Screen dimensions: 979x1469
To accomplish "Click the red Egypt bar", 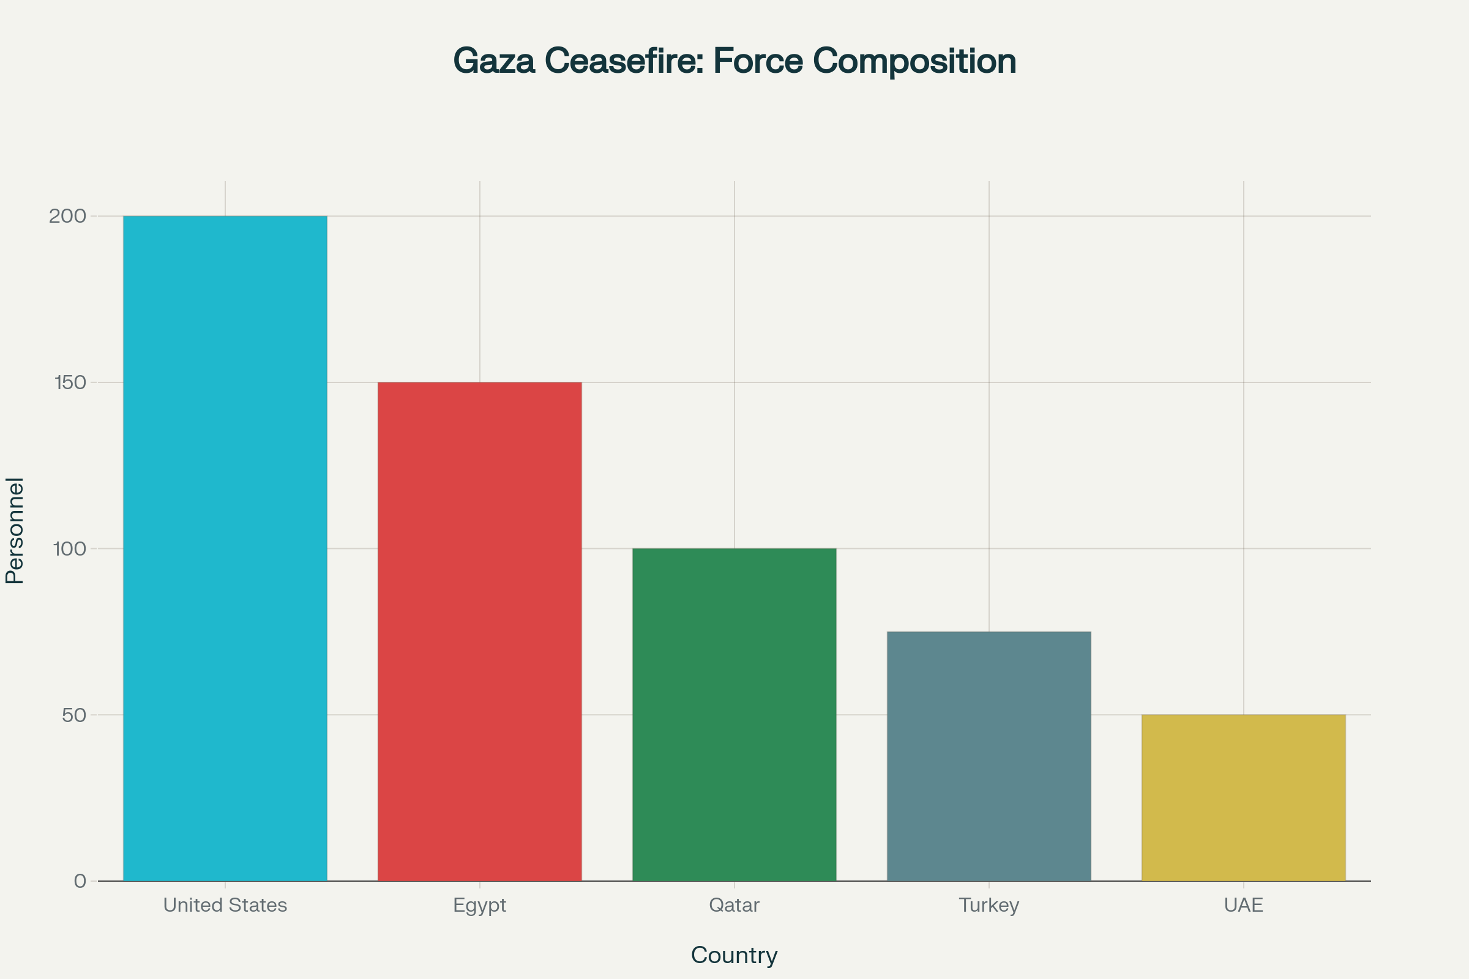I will pyautogui.click(x=480, y=631).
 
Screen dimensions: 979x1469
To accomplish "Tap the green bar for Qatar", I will pyautogui.click(x=734, y=714).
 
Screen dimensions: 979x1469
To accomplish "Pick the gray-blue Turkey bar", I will pyautogui.click(x=989, y=756).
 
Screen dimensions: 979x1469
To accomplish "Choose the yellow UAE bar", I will pyautogui.click(x=1244, y=797).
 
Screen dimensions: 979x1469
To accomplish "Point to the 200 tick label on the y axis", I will pyautogui.click(x=67, y=216).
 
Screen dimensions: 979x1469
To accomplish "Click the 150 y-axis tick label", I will pyautogui.click(x=70, y=382).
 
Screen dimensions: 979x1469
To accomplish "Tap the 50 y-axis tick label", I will pyautogui.click(x=74, y=715).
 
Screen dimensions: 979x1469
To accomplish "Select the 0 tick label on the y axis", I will pyautogui.click(x=80, y=881).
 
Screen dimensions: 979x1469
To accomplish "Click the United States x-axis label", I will pyautogui.click(x=225, y=906).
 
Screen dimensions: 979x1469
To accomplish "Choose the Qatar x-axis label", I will pyautogui.click(x=734, y=906).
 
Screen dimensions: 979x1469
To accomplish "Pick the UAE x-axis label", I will pyautogui.click(x=1244, y=906).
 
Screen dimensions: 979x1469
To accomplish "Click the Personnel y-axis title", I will pyautogui.click(x=14, y=530).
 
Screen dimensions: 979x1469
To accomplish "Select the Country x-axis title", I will pyautogui.click(x=734, y=955).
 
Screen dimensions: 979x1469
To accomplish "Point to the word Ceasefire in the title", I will pyautogui.click(x=624, y=61).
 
